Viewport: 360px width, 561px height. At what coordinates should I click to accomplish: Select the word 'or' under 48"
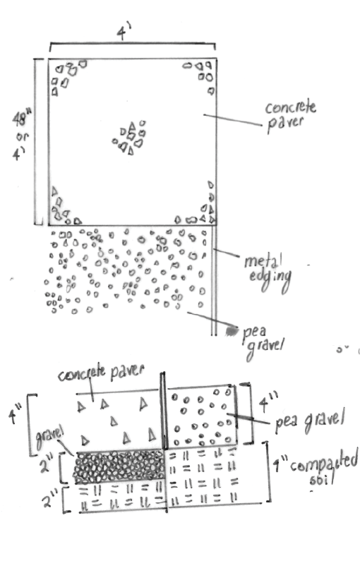pos(22,137)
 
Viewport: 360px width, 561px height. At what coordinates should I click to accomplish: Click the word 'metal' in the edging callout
pos(263,260)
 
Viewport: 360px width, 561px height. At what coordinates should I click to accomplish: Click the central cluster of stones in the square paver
pos(130,138)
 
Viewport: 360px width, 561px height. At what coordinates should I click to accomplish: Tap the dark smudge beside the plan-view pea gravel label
pos(231,331)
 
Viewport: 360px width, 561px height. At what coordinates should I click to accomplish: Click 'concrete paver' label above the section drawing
pos(101,373)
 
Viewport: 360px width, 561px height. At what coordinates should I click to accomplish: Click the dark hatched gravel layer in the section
pos(119,467)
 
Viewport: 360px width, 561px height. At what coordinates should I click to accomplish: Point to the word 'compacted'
pos(324,461)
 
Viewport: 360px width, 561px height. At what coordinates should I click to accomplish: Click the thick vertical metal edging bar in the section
pos(164,411)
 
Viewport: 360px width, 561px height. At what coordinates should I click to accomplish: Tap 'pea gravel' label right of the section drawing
pos(309,421)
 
